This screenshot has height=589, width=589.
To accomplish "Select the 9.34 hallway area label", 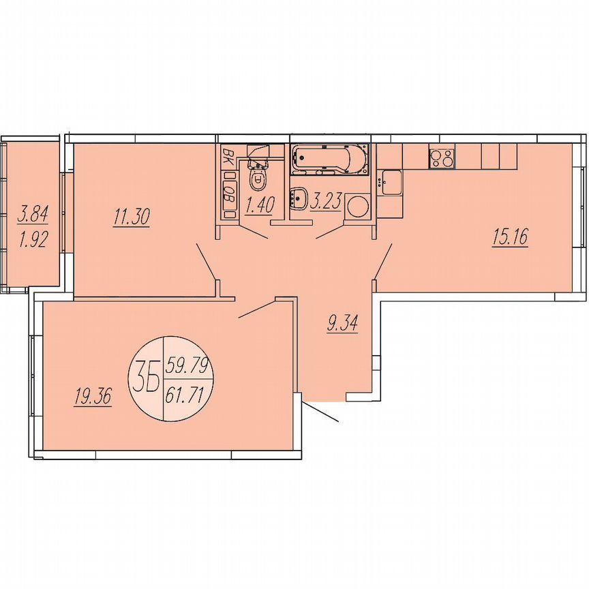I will coord(342,323).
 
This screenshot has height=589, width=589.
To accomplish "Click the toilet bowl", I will coord(258,178).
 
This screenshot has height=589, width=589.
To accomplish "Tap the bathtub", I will coord(330,160).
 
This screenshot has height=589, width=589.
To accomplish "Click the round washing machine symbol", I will coord(357,205).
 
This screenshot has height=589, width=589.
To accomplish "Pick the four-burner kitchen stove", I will coord(441,159).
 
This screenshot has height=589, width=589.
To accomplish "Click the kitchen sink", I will coord(392,181).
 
